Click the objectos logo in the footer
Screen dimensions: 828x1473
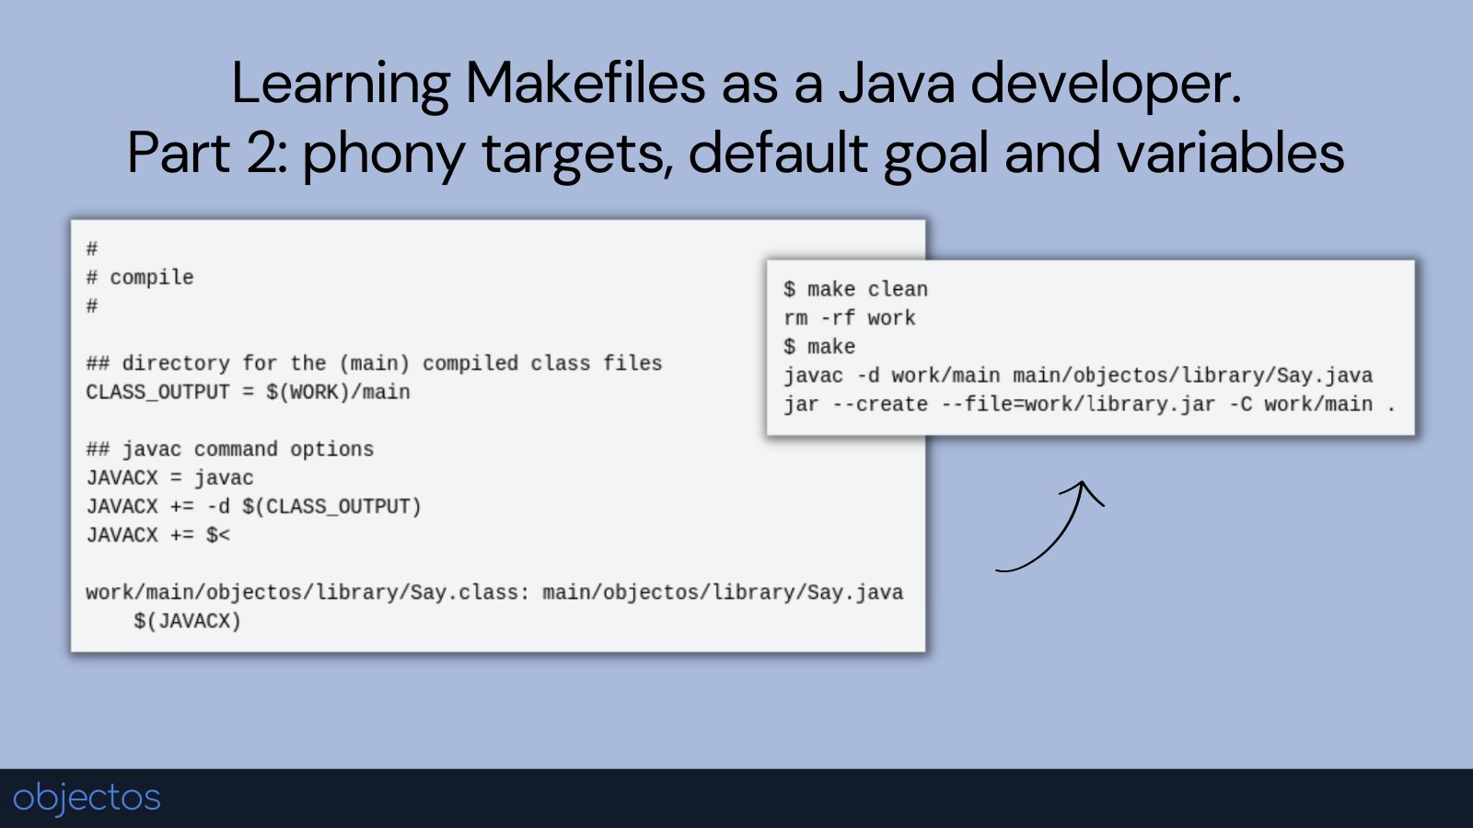click(x=87, y=797)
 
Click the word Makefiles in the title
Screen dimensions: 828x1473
click(x=585, y=83)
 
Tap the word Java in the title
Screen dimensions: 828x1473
click(x=897, y=83)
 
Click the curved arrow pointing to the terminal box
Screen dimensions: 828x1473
click(x=1054, y=529)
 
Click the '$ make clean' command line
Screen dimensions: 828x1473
click(x=855, y=289)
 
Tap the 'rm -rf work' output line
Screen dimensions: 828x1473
click(x=849, y=317)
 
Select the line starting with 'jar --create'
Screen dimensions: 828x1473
click(x=1089, y=404)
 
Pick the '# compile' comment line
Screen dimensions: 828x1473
click(x=140, y=277)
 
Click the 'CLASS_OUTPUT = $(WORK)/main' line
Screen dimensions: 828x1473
click(x=248, y=392)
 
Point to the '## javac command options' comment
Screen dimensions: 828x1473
click(x=230, y=449)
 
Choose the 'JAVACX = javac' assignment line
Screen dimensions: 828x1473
click(x=169, y=477)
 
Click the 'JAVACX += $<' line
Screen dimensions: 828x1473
click(x=157, y=535)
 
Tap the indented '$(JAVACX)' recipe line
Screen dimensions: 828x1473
click(x=187, y=621)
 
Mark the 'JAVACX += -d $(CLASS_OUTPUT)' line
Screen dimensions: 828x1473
click(x=253, y=506)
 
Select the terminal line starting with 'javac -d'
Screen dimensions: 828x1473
click(x=1077, y=375)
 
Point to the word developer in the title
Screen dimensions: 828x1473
click(x=1105, y=83)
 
